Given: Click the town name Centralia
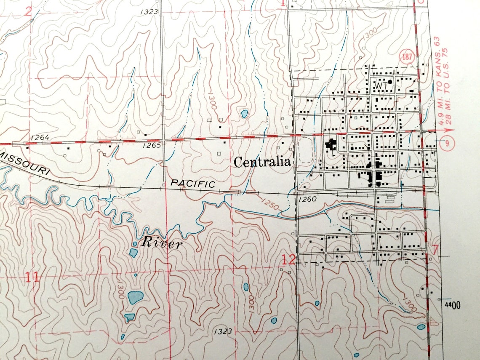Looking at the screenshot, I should pos(262,162).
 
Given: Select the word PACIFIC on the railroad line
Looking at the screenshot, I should pos(193,183).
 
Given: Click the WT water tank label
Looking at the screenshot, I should pos(380,85).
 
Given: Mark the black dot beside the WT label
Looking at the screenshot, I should pos(390,82).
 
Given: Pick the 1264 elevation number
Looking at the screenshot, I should pos(40,137).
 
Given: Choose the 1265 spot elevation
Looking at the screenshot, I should pos(152,145).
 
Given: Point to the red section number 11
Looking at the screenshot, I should pos(32,277).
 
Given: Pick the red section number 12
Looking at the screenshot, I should pos(289,261).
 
